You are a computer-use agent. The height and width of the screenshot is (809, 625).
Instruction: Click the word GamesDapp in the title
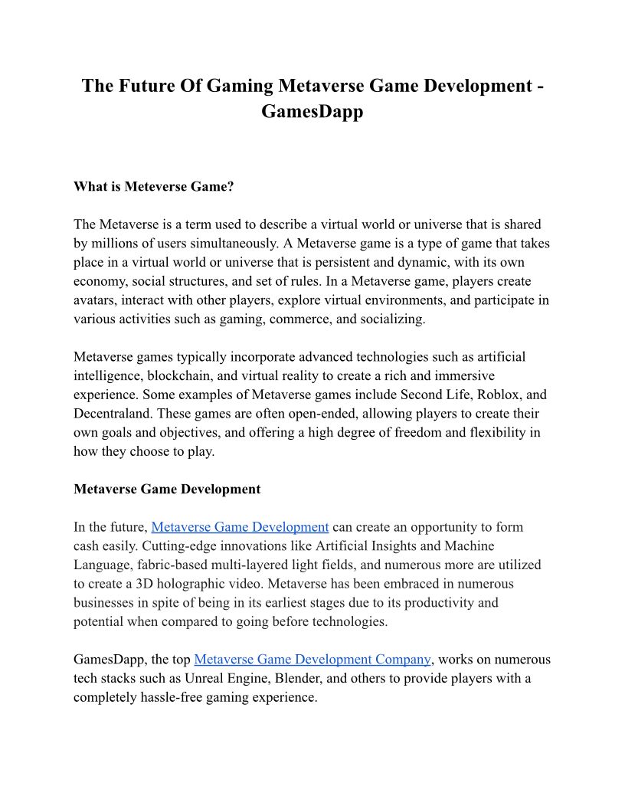[x=312, y=111]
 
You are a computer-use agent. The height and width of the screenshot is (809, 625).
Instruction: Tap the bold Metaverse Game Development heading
[x=167, y=489]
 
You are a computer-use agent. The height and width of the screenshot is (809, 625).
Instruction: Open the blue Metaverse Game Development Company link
[x=312, y=659]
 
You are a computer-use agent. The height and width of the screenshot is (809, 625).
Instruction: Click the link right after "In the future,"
[x=240, y=527]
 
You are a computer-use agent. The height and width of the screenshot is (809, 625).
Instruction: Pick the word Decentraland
[x=113, y=414]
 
